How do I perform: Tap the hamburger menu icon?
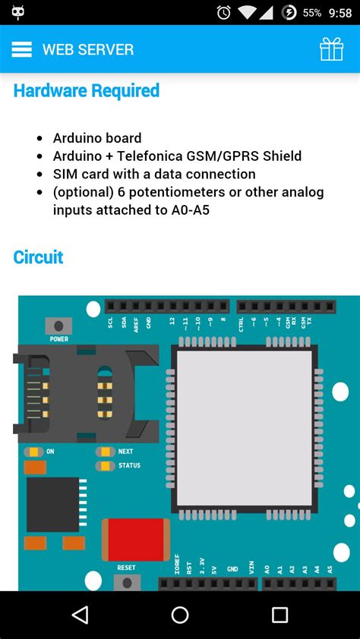coord(21,49)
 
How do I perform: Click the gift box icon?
coord(331,49)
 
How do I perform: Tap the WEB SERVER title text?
coord(87,50)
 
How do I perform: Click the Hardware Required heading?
coord(87,91)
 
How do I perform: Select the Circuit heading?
coord(38,257)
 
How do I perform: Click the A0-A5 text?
coord(185,209)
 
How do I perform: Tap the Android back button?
coord(80,615)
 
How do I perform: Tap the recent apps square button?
coord(279,615)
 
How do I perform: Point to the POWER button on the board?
coord(58,327)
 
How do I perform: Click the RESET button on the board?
coord(126,581)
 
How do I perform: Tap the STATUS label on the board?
coord(129,465)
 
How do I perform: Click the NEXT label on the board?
coord(125,452)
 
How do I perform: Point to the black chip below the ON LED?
coord(53,505)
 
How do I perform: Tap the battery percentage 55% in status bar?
coord(312,13)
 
